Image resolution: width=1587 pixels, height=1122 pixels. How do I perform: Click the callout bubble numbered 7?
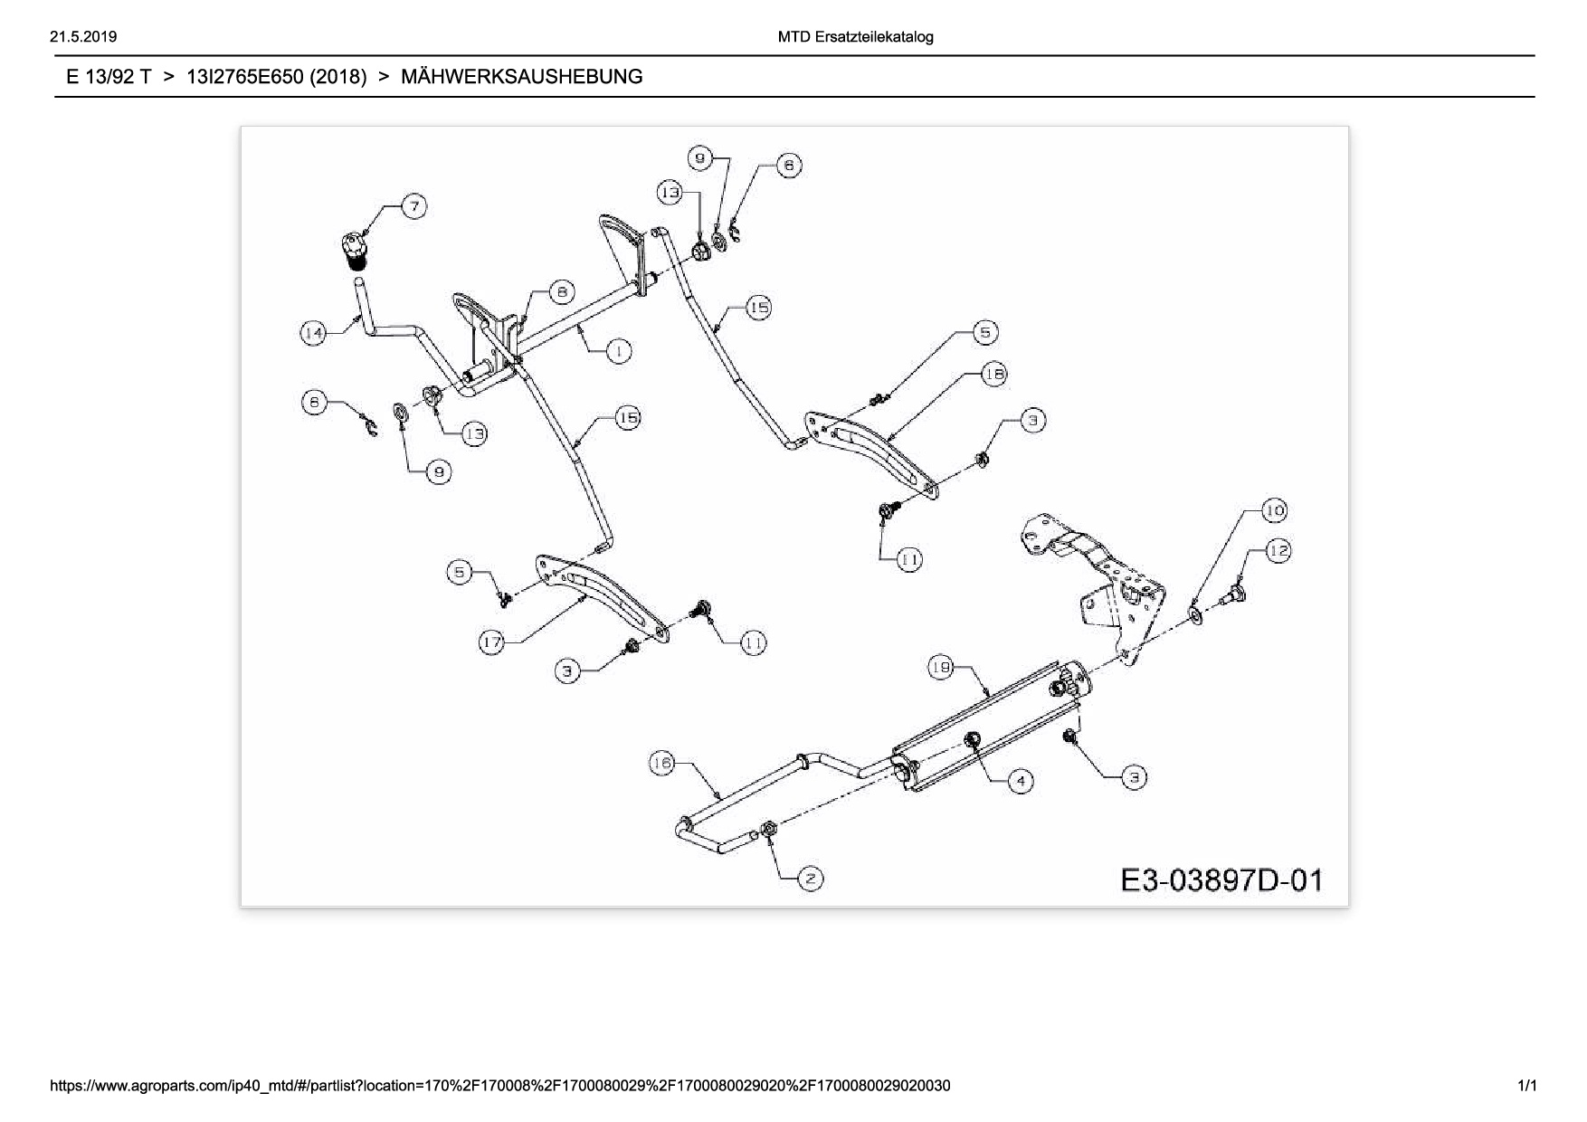[x=414, y=206]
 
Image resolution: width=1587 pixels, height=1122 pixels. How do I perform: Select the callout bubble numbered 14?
[x=313, y=333]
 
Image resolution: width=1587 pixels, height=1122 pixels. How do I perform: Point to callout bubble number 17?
[x=491, y=642]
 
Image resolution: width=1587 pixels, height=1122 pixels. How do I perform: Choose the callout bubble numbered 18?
[x=993, y=374]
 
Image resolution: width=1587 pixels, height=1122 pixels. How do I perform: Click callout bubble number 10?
[x=1274, y=510]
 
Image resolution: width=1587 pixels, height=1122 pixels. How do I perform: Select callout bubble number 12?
[x=1278, y=550]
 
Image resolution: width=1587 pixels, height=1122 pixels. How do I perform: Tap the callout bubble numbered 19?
[x=940, y=668]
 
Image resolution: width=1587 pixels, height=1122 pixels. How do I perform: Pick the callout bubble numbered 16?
[x=662, y=764]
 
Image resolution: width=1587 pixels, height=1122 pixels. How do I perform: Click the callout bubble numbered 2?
[x=810, y=878]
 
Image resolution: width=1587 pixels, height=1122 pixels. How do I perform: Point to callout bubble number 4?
[x=1020, y=781]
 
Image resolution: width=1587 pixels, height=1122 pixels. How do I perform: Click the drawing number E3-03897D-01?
[x=1221, y=880]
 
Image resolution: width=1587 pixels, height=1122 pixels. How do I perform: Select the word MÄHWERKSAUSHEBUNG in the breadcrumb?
[x=521, y=77]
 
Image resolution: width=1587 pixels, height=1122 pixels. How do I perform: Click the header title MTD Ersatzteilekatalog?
[x=855, y=37]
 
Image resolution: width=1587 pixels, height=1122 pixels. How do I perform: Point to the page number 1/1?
[x=1527, y=1085]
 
